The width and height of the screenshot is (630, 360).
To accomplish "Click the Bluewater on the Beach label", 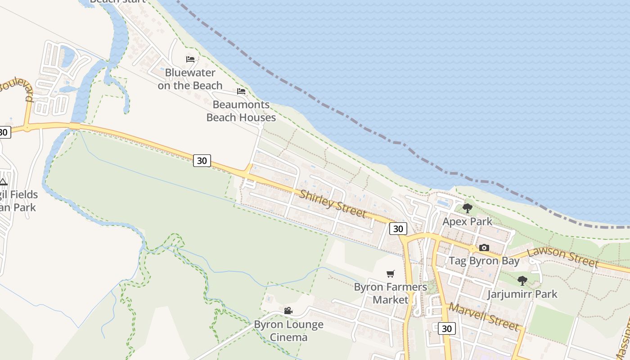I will [190, 79].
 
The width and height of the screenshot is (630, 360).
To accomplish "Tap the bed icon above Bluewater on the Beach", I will [190, 59].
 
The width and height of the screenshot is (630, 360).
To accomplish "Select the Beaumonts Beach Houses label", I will [241, 111].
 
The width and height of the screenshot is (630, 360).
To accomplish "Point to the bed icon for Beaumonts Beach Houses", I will [241, 91].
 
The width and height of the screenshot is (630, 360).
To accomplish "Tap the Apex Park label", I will [467, 221].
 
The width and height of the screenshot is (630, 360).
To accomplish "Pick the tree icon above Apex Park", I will [467, 208].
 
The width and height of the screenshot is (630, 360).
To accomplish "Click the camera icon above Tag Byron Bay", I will [484, 247].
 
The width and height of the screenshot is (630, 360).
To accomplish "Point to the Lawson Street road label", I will [563, 257].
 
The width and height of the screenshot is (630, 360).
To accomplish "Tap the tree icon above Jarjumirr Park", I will [522, 281].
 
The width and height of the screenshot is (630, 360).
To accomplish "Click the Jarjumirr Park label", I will [522, 294].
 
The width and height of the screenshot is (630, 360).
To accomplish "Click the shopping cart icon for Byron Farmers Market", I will [391, 274].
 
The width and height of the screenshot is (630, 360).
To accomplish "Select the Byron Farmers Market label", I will [391, 293].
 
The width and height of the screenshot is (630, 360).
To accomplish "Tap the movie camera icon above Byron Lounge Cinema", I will [288, 311].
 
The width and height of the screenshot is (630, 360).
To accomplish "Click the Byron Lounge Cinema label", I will [288, 331].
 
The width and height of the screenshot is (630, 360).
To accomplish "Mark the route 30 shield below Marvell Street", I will [446, 328].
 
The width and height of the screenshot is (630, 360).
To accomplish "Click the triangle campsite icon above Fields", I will [4, 182].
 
